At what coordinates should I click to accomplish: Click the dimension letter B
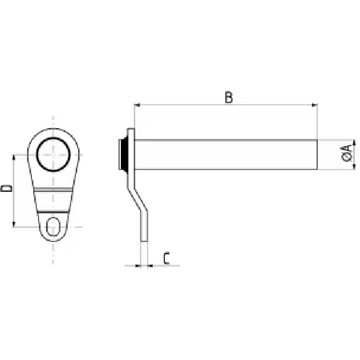(x=229, y=97)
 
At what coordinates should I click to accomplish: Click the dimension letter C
(x=167, y=258)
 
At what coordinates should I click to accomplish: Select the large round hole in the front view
(x=53, y=138)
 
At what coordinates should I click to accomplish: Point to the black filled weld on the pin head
(x=123, y=154)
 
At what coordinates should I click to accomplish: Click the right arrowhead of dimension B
(x=314, y=105)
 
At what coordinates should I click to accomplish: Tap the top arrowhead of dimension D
(x=14, y=158)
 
